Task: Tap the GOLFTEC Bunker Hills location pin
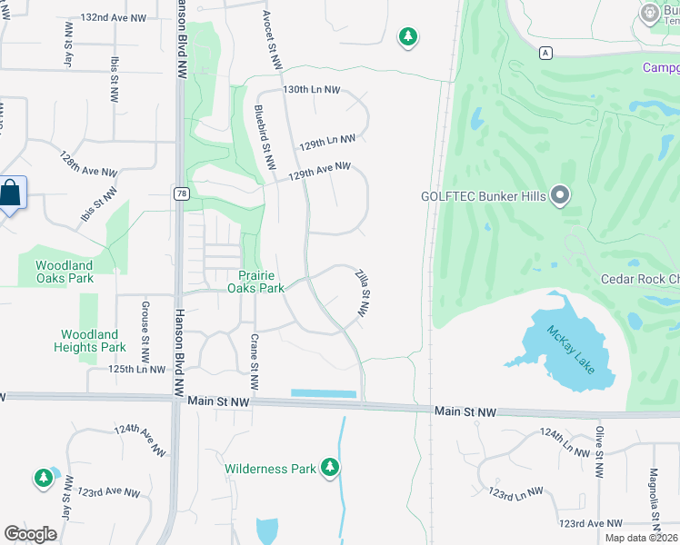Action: (560, 195)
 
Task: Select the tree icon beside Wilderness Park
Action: (329, 469)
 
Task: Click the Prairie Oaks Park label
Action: (261, 282)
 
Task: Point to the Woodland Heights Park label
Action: (89, 341)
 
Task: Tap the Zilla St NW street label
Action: (363, 291)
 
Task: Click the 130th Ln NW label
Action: (311, 91)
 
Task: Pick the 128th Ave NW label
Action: (89, 163)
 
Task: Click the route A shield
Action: (545, 52)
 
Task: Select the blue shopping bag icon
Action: (11, 193)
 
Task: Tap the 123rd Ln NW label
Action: (515, 492)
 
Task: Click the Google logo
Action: (30, 534)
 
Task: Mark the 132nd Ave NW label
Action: (114, 17)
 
